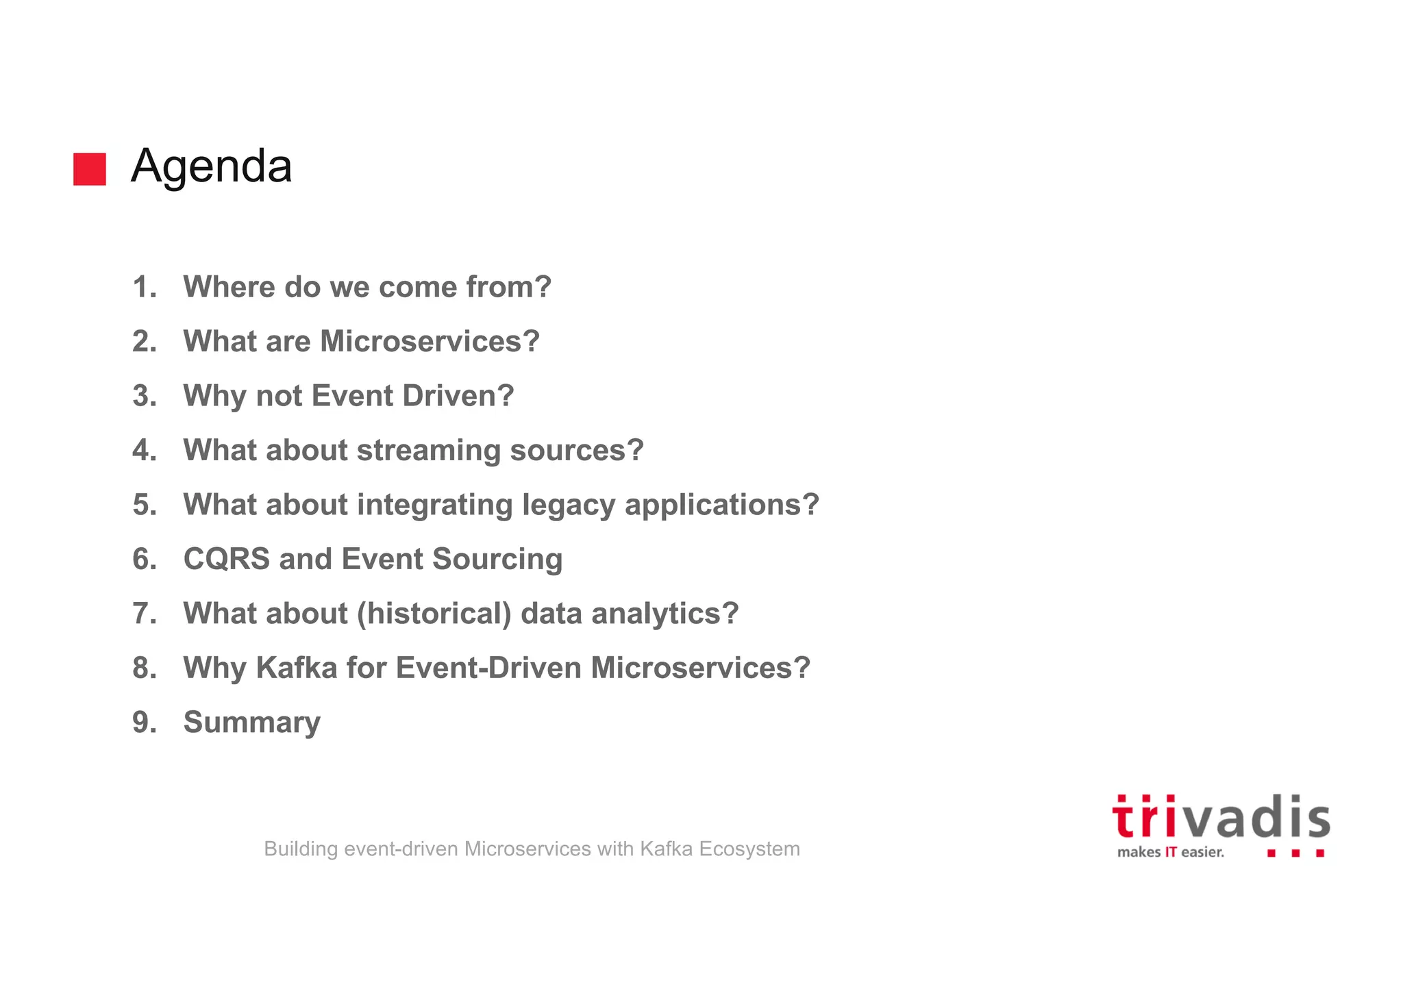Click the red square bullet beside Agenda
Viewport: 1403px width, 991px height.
[x=90, y=169]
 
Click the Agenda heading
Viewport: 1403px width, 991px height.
[x=211, y=166]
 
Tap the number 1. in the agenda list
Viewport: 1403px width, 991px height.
[x=144, y=287]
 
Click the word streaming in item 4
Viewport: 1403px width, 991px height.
[x=429, y=451]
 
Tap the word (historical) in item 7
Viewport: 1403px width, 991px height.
[x=434, y=614]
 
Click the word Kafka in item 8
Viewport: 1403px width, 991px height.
[x=297, y=668]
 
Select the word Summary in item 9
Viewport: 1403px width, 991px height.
[x=251, y=723]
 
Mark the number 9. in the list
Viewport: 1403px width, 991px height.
[x=144, y=723]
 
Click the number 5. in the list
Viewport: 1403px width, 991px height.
[x=144, y=505]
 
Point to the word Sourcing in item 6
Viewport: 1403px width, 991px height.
[x=497, y=560]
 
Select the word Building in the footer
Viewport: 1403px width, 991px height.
[x=301, y=849]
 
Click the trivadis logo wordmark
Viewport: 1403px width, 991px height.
[x=1221, y=818]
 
